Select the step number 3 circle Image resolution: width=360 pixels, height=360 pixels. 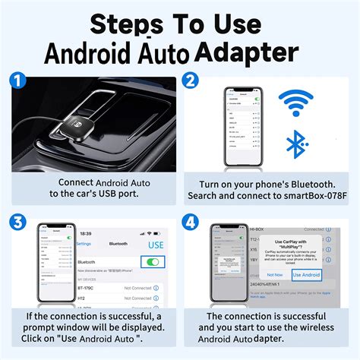(x=20, y=221)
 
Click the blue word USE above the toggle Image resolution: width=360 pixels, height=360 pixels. (x=156, y=245)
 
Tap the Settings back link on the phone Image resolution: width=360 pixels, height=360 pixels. (x=84, y=244)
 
